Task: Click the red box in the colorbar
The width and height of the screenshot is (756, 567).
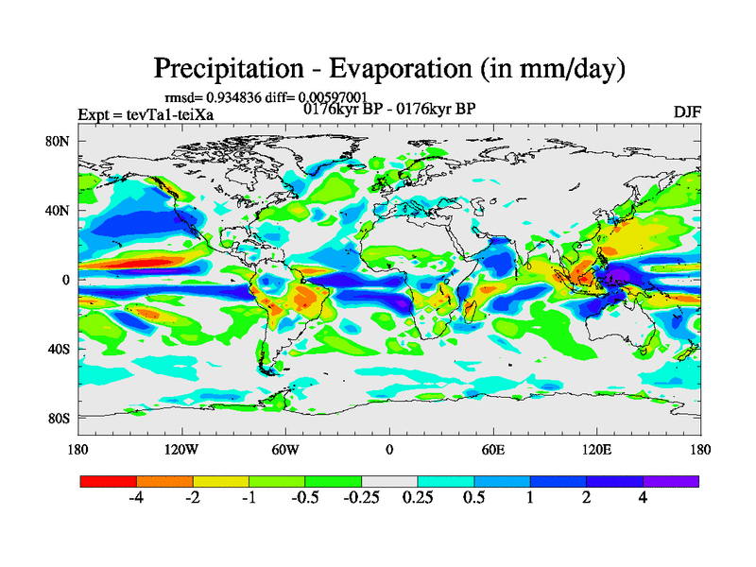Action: [x=109, y=481]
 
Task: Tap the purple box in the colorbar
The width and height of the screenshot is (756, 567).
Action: [x=671, y=481]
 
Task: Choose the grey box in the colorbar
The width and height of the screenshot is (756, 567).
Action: [x=389, y=481]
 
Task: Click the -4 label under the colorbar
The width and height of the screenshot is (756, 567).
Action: [x=136, y=498]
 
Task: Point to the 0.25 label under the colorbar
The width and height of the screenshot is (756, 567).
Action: [x=417, y=498]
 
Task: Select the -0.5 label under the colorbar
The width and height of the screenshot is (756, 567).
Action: [x=304, y=498]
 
